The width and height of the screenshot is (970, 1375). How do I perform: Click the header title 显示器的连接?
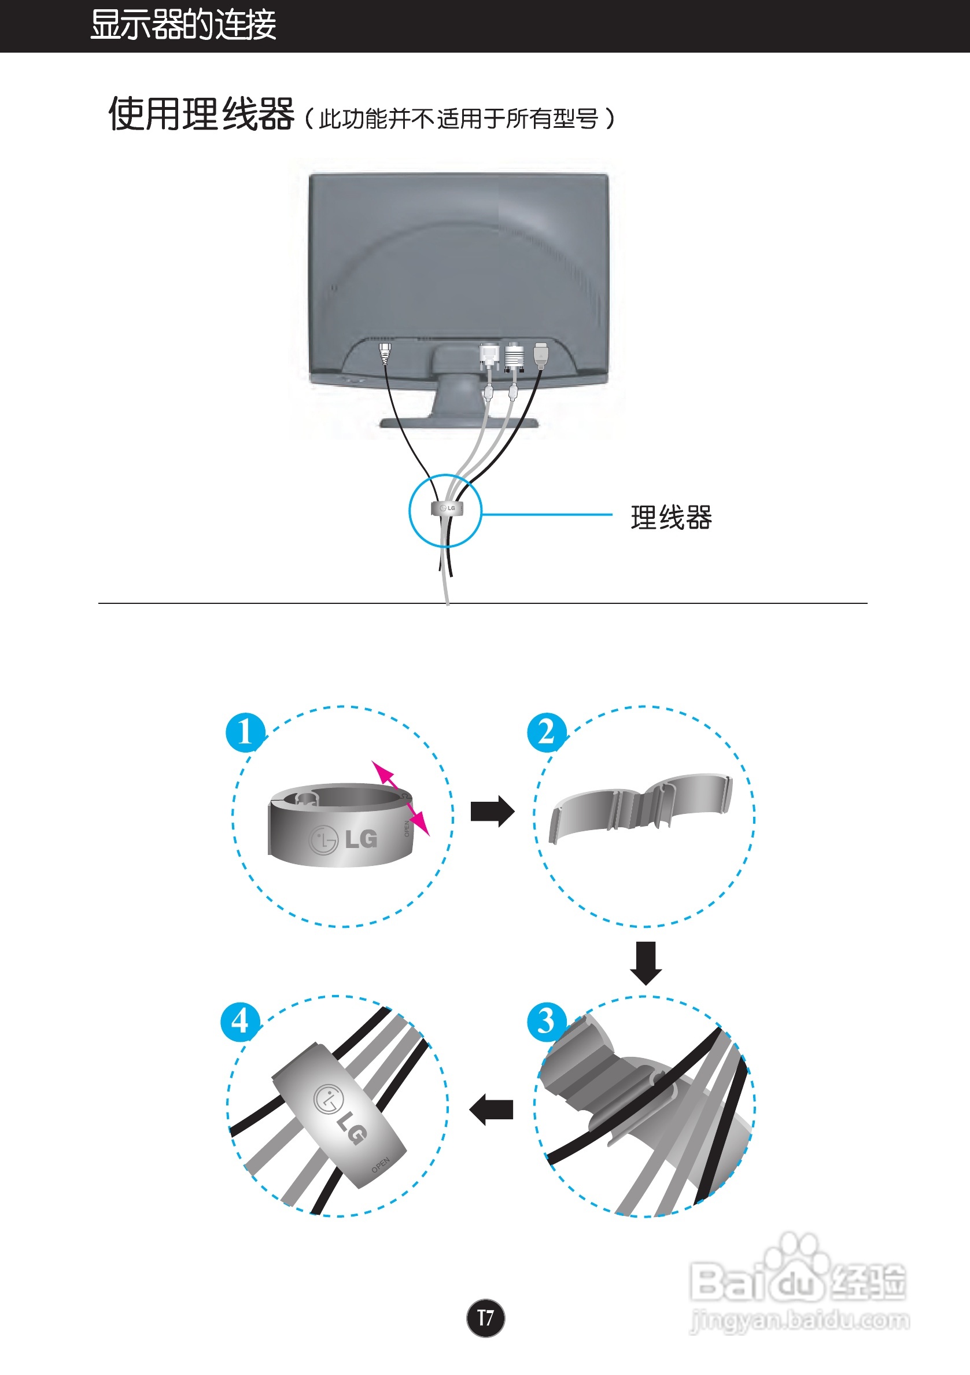click(183, 25)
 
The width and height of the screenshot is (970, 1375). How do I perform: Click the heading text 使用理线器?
click(201, 114)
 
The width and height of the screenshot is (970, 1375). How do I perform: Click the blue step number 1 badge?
click(244, 732)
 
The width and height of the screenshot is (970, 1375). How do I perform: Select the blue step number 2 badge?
click(546, 732)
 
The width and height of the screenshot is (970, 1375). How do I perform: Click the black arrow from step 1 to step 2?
click(492, 812)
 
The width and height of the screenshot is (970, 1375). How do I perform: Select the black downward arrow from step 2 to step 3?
click(646, 963)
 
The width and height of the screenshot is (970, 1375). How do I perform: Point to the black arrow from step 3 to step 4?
click(492, 1109)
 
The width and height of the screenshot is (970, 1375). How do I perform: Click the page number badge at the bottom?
click(485, 1318)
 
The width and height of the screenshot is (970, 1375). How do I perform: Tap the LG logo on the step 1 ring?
click(344, 839)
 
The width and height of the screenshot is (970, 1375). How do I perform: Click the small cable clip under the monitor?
click(447, 508)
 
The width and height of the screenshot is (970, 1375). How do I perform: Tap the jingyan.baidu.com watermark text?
click(799, 1321)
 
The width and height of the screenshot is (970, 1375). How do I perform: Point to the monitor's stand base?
click(459, 423)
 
